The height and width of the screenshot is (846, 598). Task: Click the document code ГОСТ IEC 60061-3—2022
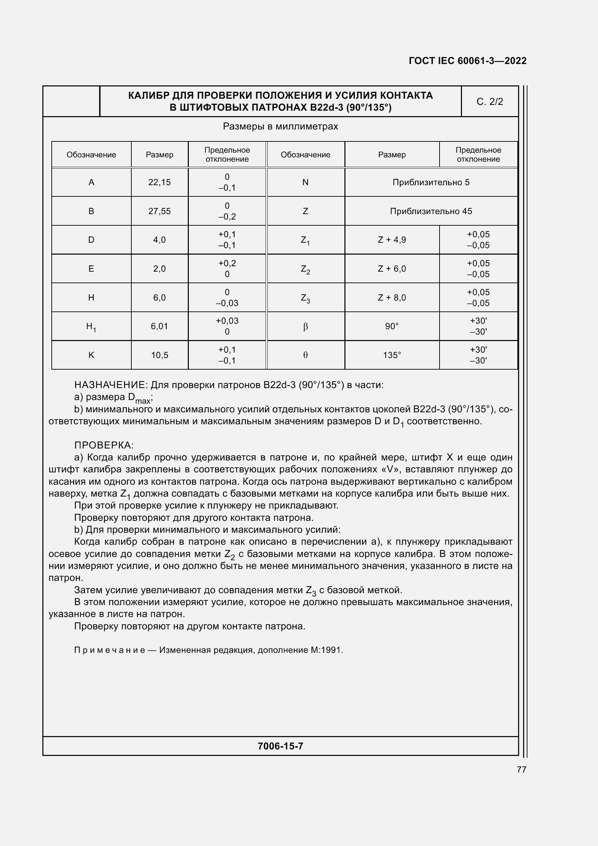(x=467, y=61)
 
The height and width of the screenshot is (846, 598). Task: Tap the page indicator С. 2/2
(x=489, y=102)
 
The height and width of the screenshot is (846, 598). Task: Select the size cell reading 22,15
(x=159, y=182)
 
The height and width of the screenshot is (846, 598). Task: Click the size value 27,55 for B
(x=159, y=211)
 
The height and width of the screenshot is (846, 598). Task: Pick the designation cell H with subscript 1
(x=91, y=327)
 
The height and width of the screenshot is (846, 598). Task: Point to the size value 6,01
(x=159, y=327)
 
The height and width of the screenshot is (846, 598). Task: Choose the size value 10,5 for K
(x=159, y=355)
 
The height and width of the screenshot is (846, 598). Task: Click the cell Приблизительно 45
(x=431, y=211)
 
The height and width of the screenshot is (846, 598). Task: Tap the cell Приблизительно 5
(x=431, y=182)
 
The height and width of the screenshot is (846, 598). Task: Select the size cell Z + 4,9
(x=392, y=240)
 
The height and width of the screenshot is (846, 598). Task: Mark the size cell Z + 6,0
(x=392, y=269)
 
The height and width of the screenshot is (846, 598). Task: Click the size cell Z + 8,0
(x=392, y=298)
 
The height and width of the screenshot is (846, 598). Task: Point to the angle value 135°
(x=392, y=355)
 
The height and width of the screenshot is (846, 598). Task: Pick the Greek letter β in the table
(x=305, y=327)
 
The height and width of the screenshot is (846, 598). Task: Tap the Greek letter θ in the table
(x=305, y=355)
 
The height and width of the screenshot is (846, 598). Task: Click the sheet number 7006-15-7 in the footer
(x=280, y=746)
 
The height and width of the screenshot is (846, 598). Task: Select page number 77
(x=521, y=769)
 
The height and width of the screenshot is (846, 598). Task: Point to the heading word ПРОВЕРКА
(x=103, y=445)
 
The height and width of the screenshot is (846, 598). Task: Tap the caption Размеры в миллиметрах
(x=280, y=127)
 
